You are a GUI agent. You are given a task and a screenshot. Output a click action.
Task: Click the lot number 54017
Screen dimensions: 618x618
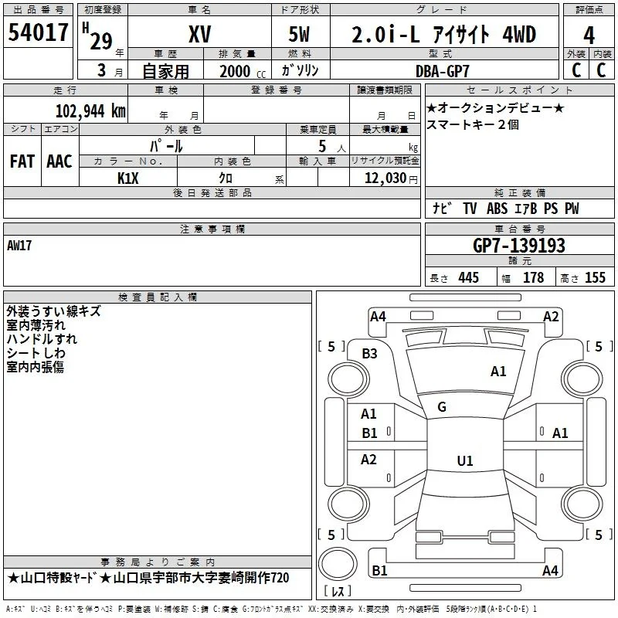click(38, 32)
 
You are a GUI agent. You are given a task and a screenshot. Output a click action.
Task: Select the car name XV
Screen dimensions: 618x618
click(200, 34)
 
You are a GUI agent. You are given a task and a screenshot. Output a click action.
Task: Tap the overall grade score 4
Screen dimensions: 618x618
click(589, 36)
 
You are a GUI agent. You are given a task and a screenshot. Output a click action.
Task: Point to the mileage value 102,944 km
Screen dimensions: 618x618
click(90, 111)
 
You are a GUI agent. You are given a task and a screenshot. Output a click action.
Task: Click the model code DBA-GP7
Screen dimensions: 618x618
click(443, 71)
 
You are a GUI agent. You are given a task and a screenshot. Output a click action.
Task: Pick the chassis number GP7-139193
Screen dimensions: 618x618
click(518, 246)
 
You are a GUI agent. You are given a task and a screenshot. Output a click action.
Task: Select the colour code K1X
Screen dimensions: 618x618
click(128, 178)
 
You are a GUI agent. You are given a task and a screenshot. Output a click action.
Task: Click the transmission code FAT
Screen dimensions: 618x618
click(22, 161)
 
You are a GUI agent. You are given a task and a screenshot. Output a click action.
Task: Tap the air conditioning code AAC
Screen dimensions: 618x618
click(59, 161)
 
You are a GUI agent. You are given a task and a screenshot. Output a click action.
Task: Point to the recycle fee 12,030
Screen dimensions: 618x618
click(385, 178)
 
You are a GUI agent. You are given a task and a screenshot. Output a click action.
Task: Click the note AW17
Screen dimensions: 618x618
click(19, 246)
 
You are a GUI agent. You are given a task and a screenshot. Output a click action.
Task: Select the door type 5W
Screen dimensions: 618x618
click(299, 34)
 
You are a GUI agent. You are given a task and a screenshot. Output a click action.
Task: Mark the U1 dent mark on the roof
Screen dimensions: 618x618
click(465, 460)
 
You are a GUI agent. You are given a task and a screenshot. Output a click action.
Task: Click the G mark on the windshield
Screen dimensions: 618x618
click(442, 407)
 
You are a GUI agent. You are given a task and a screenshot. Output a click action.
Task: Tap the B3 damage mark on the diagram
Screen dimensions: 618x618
click(369, 354)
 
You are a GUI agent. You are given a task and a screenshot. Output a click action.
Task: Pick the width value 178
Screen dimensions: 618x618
click(533, 277)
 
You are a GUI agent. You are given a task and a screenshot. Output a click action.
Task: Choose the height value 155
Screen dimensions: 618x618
click(595, 277)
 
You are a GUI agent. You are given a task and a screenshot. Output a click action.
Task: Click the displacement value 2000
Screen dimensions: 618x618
click(235, 71)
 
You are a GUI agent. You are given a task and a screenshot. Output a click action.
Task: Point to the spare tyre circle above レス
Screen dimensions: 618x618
click(338, 564)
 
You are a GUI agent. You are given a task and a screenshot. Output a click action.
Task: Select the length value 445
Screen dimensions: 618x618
click(469, 277)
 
